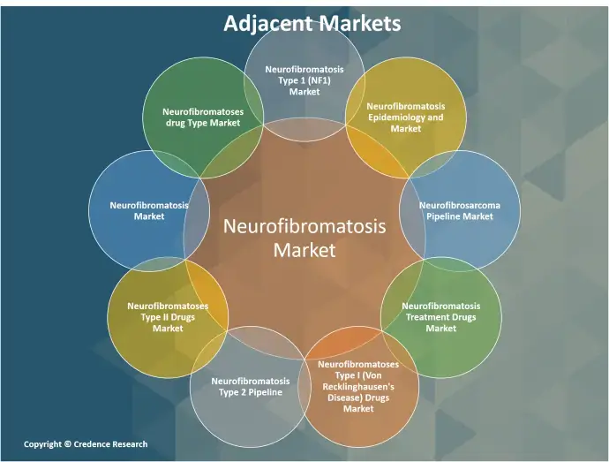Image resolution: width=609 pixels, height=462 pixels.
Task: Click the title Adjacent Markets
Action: pos(312,23)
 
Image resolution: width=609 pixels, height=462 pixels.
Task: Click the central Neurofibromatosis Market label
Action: pos(304,238)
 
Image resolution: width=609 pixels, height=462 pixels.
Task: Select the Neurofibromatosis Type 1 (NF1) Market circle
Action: pos(304,80)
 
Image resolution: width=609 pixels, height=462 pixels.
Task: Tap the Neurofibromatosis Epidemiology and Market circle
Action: pos(406,117)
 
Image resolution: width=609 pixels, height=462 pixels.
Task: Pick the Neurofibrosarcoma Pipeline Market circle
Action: pos(459,210)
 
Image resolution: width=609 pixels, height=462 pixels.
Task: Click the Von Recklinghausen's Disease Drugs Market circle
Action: pos(357,386)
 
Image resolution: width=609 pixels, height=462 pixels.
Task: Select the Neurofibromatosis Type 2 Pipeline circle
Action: pos(251,386)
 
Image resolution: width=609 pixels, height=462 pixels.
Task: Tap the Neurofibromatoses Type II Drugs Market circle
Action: pos(168,316)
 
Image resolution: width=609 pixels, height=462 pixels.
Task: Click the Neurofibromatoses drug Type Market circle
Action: pos(202,117)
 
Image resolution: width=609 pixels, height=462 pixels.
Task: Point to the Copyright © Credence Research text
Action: pos(86,444)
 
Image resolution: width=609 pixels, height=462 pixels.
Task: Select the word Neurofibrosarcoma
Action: pos(459,205)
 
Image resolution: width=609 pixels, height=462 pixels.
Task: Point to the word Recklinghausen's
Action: pos(358,386)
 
